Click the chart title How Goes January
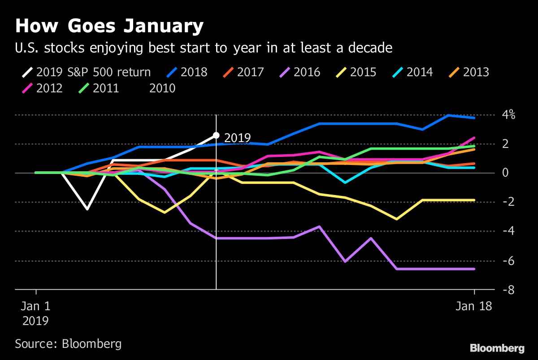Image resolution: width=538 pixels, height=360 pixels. (x=109, y=26)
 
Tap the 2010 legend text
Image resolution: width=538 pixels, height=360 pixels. (x=162, y=88)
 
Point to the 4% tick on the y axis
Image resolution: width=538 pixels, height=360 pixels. (x=508, y=115)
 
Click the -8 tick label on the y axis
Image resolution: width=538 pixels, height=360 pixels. (x=507, y=291)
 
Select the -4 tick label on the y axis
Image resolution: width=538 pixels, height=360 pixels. (x=507, y=231)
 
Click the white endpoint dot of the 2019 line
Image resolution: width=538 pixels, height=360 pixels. (x=216, y=135)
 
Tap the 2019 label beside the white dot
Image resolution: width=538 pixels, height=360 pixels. (x=237, y=138)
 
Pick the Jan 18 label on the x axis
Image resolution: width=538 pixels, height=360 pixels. (x=474, y=307)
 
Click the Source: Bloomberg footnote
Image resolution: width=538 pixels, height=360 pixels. (x=68, y=344)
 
